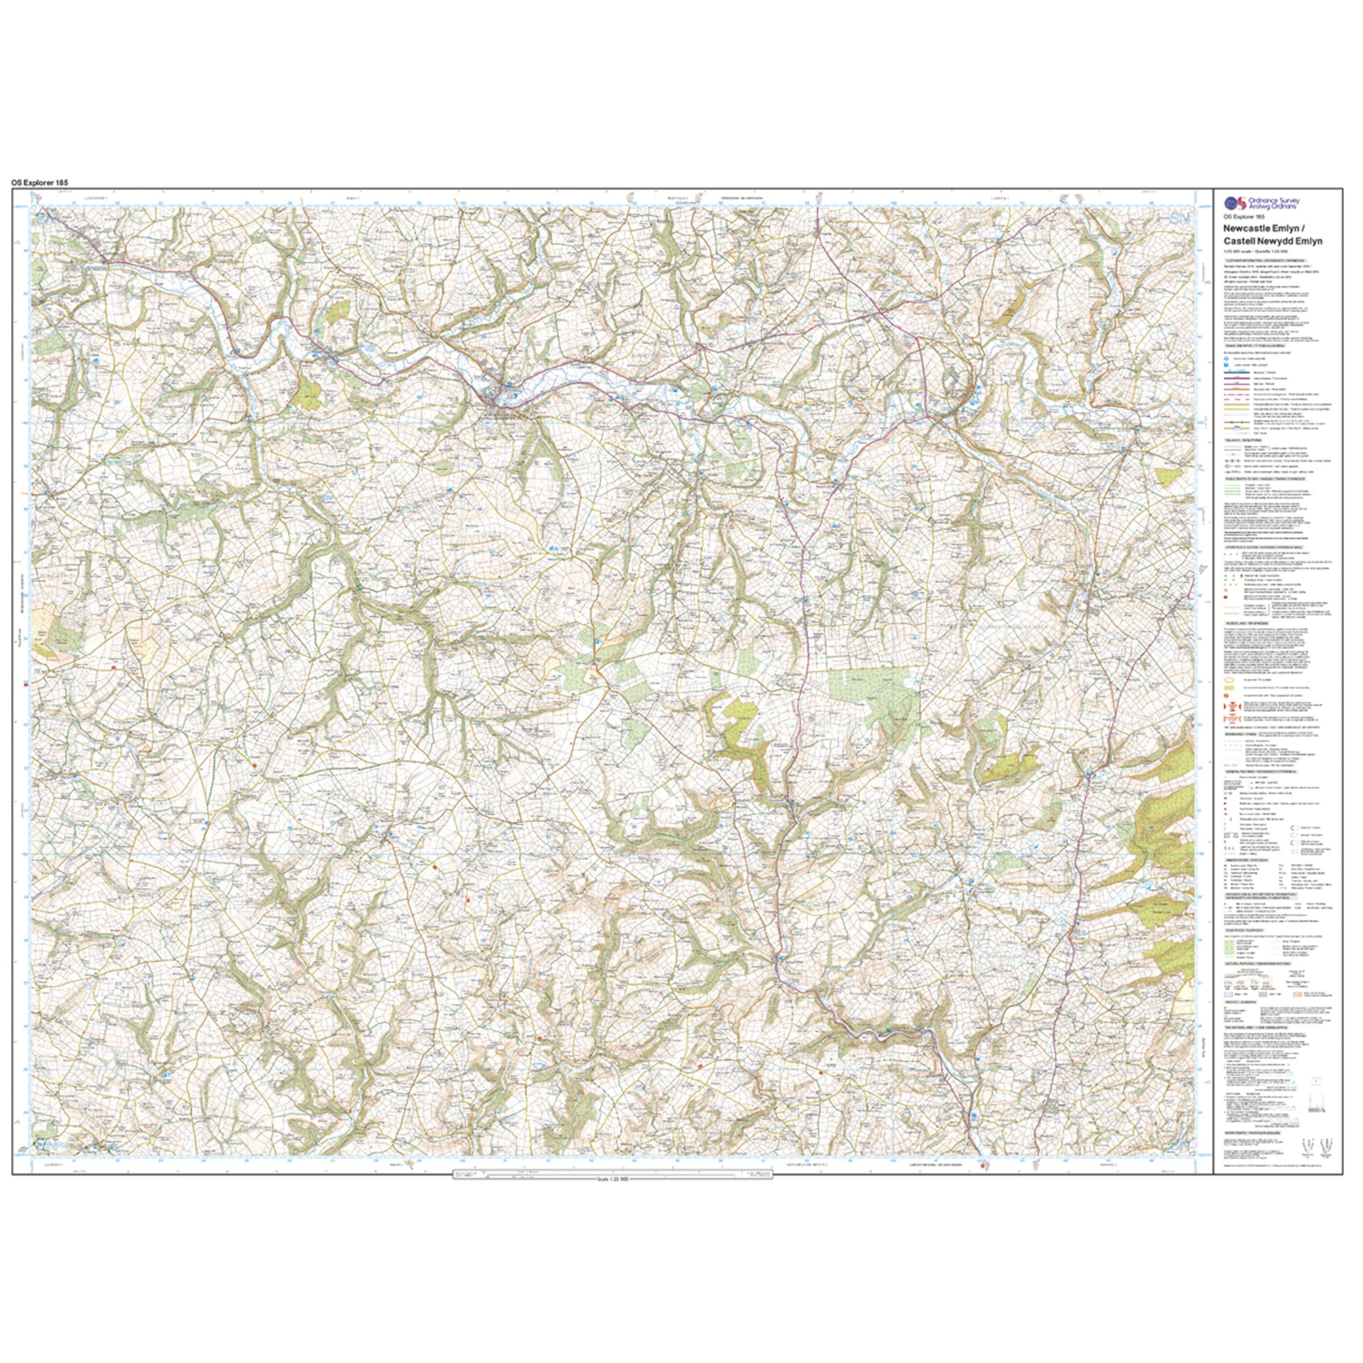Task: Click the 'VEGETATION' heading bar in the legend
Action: tap(1244, 930)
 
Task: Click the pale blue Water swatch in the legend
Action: tap(1228, 995)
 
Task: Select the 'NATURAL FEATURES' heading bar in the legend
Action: tap(1258, 964)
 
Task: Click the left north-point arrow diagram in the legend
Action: tap(1308, 1146)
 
